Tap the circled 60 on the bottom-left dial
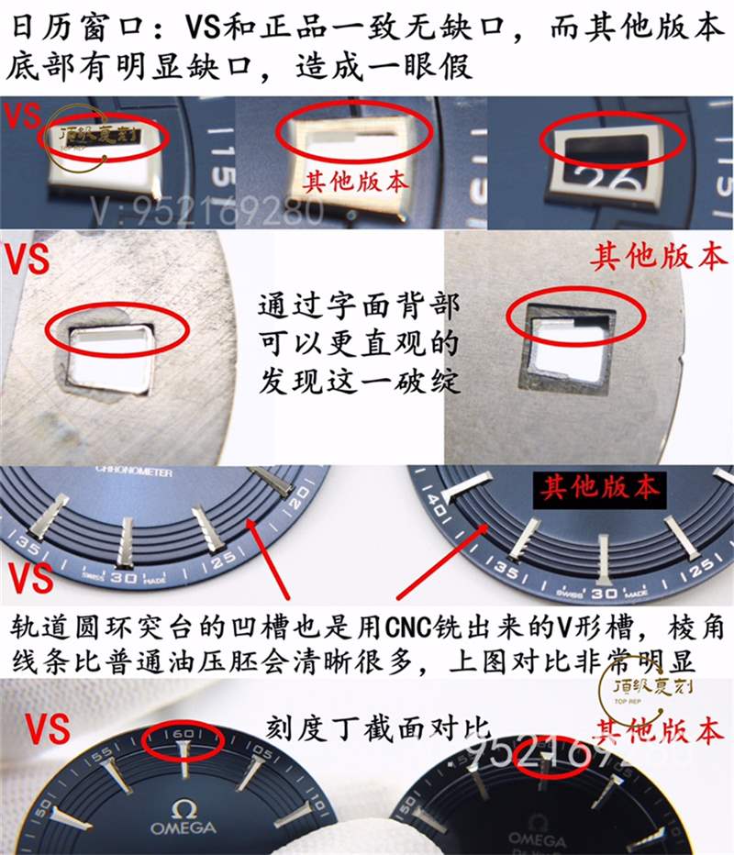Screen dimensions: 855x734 (183, 736)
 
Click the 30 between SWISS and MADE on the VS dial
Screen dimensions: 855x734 (124, 579)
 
